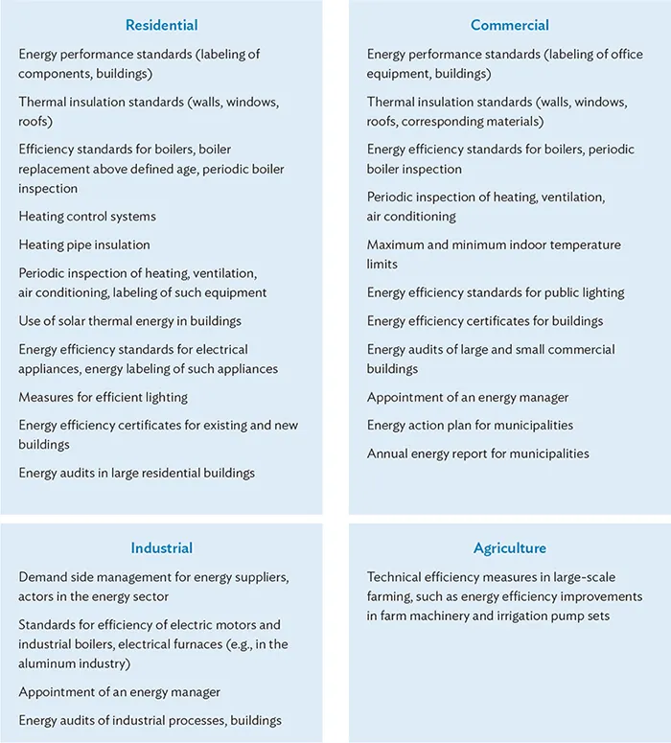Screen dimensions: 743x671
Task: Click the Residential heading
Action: (161, 25)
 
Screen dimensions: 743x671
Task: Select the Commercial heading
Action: (509, 25)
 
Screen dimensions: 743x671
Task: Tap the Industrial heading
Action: (161, 548)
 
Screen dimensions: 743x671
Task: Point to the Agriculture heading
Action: (509, 548)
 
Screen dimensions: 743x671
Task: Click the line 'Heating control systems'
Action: (87, 217)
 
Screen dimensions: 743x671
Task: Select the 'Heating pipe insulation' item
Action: (84, 244)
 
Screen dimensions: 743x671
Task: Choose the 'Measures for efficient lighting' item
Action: (103, 397)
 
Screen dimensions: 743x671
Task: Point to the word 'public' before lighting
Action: (559, 292)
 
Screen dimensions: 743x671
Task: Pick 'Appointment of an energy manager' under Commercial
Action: (468, 397)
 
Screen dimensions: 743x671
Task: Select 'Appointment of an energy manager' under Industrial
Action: (119, 692)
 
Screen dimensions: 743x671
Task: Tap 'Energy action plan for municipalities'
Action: (470, 426)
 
